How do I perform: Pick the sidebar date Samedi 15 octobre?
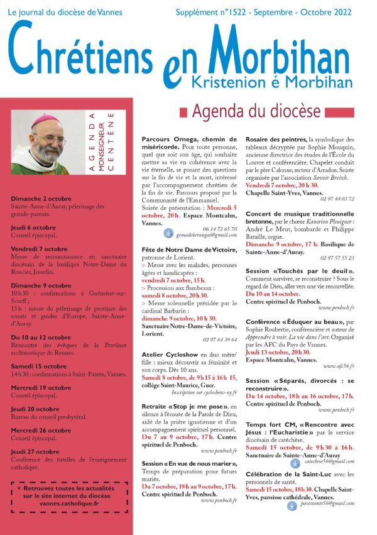(x=39, y=366)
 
